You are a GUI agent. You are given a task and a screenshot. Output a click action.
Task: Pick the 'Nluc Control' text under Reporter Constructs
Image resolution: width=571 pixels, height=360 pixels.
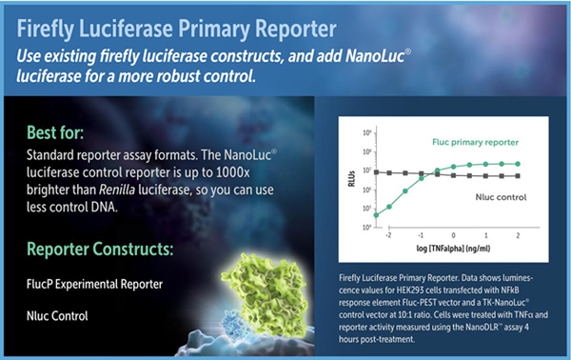click(60, 315)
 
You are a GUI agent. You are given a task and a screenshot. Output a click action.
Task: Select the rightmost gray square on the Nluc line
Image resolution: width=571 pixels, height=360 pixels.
click(517, 175)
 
